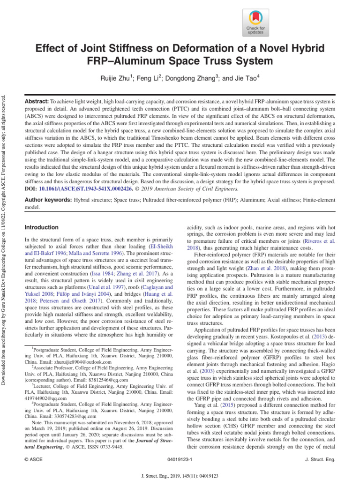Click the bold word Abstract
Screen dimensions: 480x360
(36, 101)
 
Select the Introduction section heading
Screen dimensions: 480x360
(41, 227)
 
